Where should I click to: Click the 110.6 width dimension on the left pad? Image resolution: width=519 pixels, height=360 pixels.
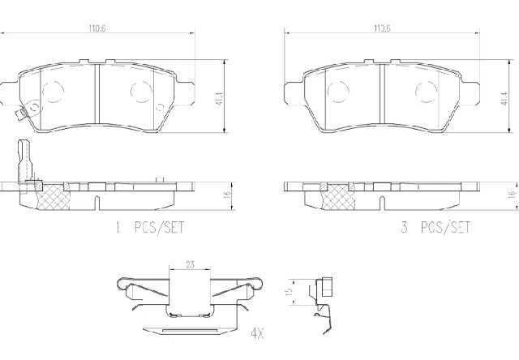97,28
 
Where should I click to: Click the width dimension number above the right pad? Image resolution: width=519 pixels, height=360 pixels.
382,28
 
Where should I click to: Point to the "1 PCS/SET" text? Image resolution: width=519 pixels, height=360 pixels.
150,227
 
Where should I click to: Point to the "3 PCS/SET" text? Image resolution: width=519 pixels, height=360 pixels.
435,227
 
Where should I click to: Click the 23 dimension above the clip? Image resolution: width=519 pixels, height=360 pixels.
190,264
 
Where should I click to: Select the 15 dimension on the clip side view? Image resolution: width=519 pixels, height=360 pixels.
289,291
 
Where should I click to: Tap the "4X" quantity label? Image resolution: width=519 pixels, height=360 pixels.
257,333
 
